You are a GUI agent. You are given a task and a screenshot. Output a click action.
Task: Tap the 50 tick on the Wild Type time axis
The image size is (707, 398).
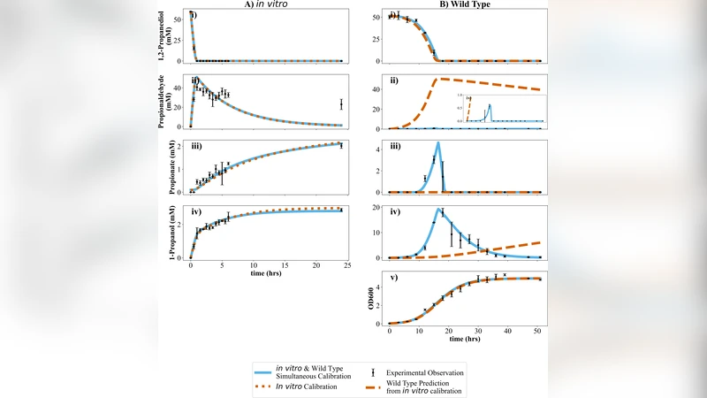click(x=537, y=330)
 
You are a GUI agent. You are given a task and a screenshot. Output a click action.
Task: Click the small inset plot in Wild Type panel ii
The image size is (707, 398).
click(x=500, y=108)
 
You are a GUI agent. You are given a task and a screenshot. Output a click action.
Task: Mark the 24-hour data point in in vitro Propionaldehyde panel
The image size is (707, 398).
click(x=341, y=104)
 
